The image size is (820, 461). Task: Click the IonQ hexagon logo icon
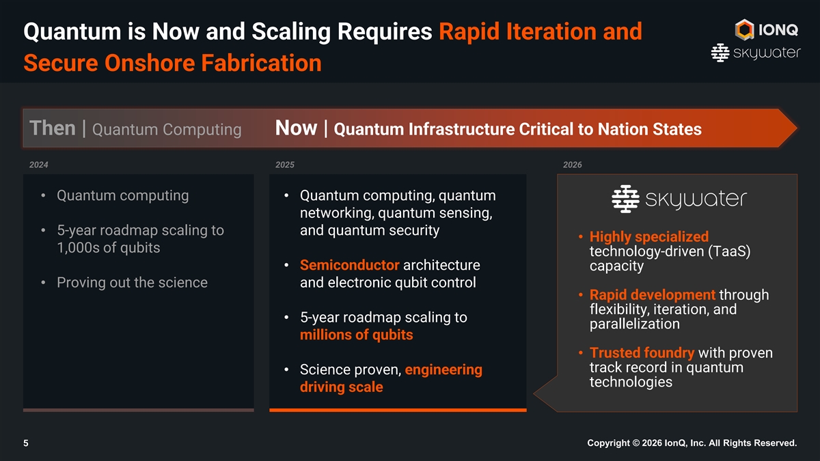744,29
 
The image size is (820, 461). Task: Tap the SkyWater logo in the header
756,53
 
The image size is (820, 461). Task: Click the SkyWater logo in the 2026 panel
679,199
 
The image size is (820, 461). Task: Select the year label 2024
39,165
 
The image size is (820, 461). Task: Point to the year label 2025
285,165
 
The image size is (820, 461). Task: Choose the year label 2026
573,165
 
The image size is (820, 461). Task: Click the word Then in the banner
53,128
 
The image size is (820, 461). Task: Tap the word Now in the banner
296,128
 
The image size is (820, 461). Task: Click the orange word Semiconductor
350,265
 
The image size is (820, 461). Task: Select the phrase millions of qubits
357,335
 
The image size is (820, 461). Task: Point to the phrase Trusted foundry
642,352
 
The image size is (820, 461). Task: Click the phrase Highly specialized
649,237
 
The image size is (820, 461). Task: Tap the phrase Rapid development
653,294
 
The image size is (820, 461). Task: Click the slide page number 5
26,443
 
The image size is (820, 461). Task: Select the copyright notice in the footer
692,443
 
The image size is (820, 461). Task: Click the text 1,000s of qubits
109,248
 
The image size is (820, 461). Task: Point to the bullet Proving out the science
132,283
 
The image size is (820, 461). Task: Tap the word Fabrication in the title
261,63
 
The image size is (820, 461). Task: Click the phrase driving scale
342,387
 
